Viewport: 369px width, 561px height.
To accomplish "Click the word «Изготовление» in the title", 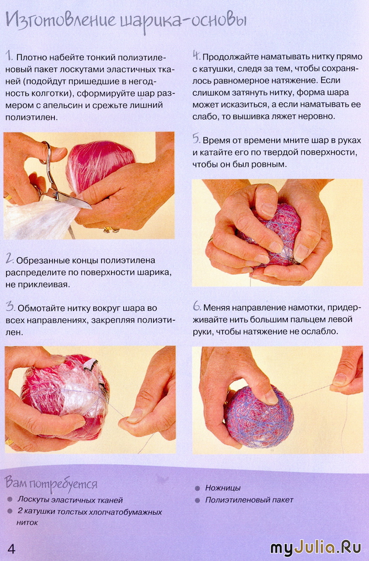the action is (x=61, y=21).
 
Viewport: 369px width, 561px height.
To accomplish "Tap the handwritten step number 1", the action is (x=9, y=56).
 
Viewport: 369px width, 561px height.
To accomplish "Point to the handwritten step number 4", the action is (x=196, y=56).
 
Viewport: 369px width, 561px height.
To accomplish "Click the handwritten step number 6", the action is (x=197, y=306).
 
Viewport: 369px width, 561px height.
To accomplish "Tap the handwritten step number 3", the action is (x=10, y=307).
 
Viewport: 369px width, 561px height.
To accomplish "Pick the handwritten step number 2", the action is (x=10, y=259).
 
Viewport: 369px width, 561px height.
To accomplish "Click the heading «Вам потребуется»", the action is (x=51, y=483).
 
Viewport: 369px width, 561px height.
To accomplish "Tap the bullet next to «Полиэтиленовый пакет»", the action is (x=197, y=500).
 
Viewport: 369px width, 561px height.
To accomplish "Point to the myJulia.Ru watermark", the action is (x=316, y=548).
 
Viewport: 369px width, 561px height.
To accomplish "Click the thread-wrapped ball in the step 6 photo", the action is (x=260, y=417).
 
